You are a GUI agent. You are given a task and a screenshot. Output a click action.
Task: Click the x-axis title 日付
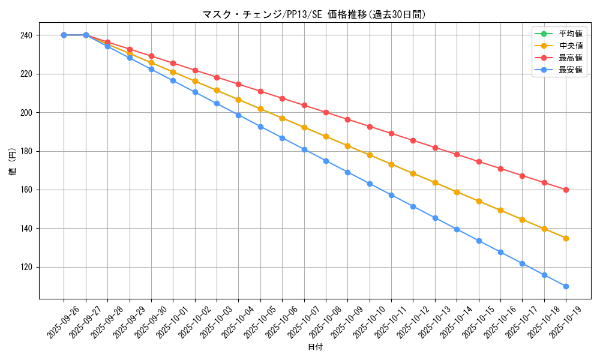coord(315,347)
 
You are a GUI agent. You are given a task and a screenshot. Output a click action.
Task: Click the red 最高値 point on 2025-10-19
coord(566,190)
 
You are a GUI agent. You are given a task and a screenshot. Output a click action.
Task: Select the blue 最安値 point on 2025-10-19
coord(566,286)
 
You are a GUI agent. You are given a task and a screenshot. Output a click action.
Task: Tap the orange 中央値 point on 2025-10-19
coord(566,238)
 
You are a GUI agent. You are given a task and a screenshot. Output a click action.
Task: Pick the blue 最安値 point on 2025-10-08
coord(326,161)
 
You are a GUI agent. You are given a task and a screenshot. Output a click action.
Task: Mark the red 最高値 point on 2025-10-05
coord(260,91)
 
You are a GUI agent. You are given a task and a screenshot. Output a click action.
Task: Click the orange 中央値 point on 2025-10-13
coord(435,182)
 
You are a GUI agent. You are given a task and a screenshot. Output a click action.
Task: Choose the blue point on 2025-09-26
coord(64,35)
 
